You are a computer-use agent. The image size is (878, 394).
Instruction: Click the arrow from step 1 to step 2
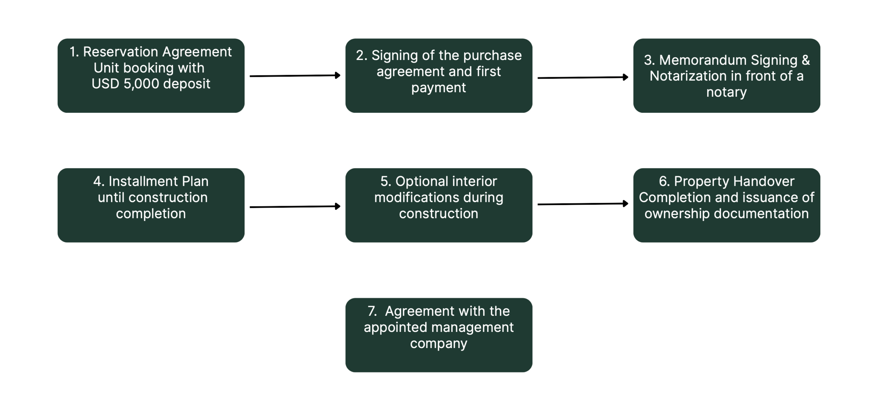click(x=295, y=75)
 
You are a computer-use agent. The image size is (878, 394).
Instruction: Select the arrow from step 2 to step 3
click(x=583, y=78)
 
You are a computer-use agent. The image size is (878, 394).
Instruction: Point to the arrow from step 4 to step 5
click(x=295, y=206)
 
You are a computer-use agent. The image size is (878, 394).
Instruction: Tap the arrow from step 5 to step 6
click(x=583, y=204)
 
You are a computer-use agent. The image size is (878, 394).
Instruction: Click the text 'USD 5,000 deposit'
click(x=151, y=84)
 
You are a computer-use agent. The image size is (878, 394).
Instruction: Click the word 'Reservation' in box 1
click(x=121, y=52)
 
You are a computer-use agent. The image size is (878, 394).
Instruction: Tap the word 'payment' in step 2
click(x=439, y=88)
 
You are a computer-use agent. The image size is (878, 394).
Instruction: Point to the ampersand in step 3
click(x=806, y=60)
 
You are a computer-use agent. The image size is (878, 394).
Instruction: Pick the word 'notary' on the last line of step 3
click(x=726, y=92)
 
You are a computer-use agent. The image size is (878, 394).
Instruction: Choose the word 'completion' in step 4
click(x=151, y=214)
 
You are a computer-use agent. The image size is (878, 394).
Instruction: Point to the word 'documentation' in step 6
click(x=762, y=214)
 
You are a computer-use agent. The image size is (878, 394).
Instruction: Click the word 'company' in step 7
click(x=439, y=344)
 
